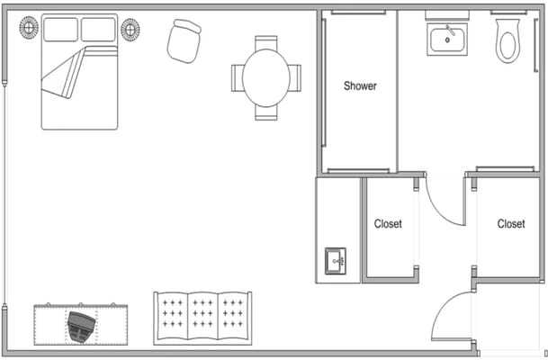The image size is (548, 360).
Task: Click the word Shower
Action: pyautogui.click(x=360, y=86)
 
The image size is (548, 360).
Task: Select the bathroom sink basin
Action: pyautogui.click(x=446, y=39)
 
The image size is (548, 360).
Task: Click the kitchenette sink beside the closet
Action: pyautogui.click(x=337, y=260)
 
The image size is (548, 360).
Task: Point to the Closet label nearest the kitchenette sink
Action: pyautogui.click(x=388, y=224)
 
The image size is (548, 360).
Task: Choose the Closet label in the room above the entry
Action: pyautogui.click(x=510, y=224)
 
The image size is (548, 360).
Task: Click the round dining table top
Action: pyautogui.click(x=265, y=77)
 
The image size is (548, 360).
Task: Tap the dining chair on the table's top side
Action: pyautogui.click(x=265, y=42)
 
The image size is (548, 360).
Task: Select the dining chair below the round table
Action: pyautogui.click(x=265, y=113)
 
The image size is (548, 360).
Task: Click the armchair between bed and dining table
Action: pyautogui.click(x=184, y=41)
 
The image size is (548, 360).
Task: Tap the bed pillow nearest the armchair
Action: pyautogui.click(x=98, y=30)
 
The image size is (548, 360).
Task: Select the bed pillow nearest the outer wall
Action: pyautogui.click(x=61, y=30)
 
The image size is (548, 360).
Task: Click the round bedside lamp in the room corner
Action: pyautogui.click(x=29, y=29)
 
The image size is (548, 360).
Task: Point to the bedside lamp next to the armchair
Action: pyautogui.click(x=130, y=29)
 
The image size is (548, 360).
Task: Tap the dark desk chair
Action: pyautogui.click(x=80, y=326)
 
